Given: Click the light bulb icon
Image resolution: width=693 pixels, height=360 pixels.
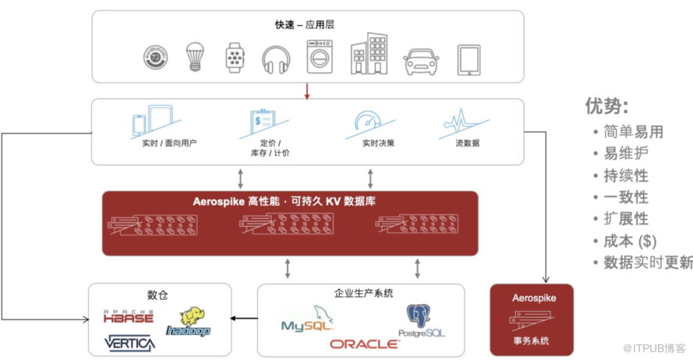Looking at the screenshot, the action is click(195, 57).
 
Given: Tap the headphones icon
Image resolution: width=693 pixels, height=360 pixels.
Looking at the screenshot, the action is click(276, 60).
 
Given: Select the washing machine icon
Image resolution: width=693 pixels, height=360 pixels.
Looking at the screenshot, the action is click(320, 57).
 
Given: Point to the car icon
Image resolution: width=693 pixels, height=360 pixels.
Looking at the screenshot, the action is click(421, 62).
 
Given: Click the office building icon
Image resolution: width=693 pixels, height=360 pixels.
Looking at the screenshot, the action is click(369, 53).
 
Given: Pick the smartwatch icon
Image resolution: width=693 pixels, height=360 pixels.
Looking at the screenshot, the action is click(235, 58).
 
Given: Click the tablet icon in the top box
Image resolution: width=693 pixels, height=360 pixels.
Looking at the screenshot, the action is click(469, 60).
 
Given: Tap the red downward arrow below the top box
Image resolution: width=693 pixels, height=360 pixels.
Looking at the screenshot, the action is click(307, 90).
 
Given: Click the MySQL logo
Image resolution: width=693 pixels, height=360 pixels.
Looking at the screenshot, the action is click(308, 319).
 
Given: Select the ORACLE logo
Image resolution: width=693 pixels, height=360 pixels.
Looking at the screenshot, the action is click(364, 344).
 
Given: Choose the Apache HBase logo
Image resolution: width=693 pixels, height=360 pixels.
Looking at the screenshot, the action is click(129, 316).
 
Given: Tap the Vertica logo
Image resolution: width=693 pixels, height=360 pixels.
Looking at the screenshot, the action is click(130, 343).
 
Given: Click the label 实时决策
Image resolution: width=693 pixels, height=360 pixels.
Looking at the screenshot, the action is click(378, 143).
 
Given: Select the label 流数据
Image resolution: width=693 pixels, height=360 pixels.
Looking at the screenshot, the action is click(468, 143).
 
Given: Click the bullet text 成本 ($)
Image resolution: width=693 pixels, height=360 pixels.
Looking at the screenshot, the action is click(630, 242).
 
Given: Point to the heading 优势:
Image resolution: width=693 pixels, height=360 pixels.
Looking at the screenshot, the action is click(606, 106).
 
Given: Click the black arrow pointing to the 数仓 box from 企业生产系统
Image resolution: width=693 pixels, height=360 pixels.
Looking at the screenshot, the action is click(244, 319).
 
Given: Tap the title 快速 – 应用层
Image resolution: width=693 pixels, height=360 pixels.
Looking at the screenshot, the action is click(305, 25).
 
